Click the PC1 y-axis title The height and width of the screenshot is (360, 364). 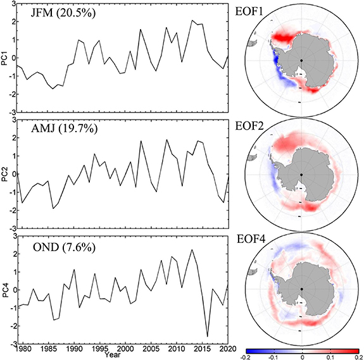[5, 60]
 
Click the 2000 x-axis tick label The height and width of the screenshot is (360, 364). [125, 349]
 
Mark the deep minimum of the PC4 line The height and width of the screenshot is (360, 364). [208, 337]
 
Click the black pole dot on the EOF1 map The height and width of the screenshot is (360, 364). [302, 60]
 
